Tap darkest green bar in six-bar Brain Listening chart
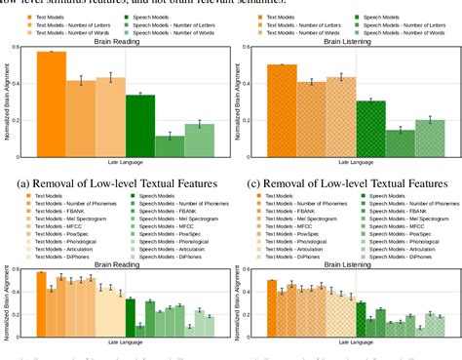coord(369,127)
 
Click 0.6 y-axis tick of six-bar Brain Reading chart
coord(24,46)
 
